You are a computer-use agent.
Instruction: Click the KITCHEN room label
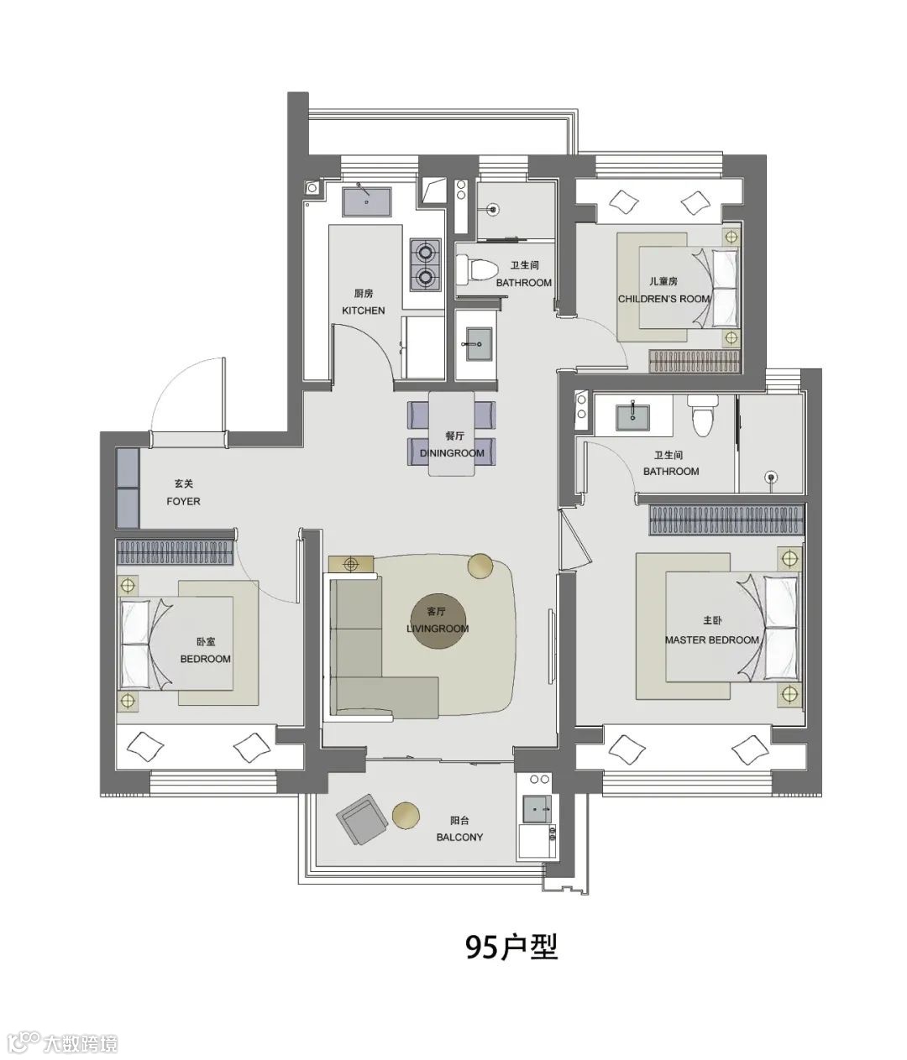click(363, 311)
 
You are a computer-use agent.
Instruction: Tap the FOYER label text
click(183, 501)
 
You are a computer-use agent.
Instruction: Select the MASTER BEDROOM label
click(711, 640)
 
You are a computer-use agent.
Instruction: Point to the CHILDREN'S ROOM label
click(663, 299)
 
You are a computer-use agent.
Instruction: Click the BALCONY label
click(459, 837)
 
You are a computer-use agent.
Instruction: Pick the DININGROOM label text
click(452, 453)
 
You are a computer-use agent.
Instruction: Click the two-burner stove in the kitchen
click(425, 265)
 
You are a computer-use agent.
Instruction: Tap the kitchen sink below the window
click(366, 201)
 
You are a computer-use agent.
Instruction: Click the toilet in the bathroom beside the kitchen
click(477, 269)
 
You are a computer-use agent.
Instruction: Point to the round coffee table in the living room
click(440, 619)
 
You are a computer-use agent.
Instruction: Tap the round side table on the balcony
click(406, 815)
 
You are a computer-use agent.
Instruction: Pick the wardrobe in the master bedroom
click(726, 520)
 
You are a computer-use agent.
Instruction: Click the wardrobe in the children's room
click(695, 361)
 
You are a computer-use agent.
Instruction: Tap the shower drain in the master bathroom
click(771, 477)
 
